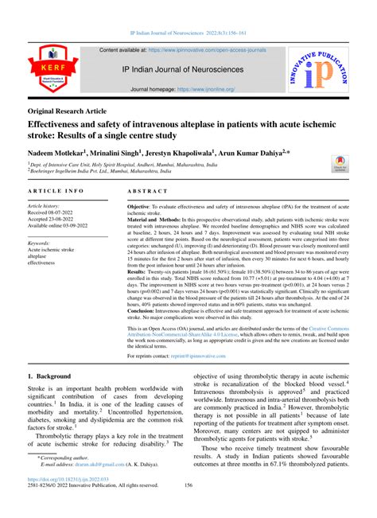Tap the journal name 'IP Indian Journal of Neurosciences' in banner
(x=188, y=69)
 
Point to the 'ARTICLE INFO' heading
(x=58, y=193)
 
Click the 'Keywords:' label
(x=40, y=243)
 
